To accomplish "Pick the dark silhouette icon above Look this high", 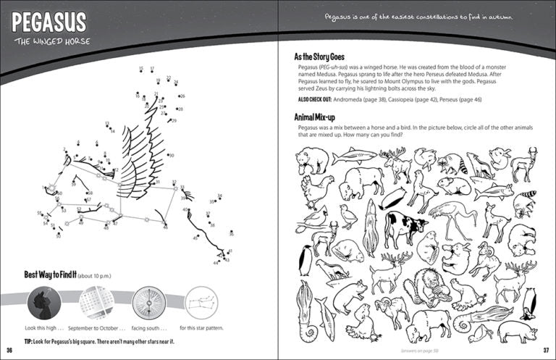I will point(43,302).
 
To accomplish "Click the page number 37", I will point(548,353).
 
